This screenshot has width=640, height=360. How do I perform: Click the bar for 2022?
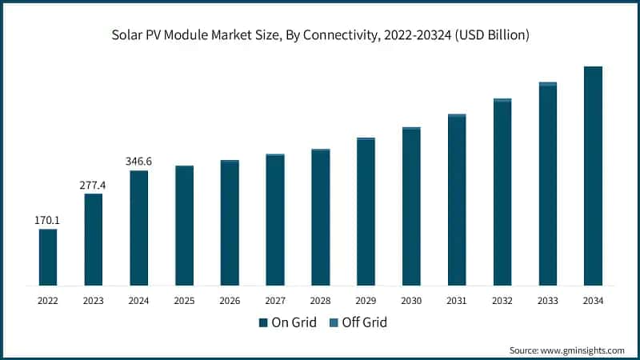coord(48,257)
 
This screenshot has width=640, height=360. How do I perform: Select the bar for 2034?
coord(593,176)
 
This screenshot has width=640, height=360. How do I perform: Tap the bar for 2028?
coord(321,217)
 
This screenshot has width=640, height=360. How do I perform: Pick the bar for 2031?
coord(457,200)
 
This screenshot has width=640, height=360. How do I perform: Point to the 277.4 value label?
coord(93,185)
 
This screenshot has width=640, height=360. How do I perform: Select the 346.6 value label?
coord(138,162)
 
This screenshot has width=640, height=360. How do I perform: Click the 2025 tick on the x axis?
coord(184,301)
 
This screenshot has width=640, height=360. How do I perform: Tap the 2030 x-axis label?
coord(411,301)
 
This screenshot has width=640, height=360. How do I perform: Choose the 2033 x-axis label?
coord(547,301)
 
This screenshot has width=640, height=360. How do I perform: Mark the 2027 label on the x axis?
coord(275,301)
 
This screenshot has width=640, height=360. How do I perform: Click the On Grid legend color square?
coord(262,322)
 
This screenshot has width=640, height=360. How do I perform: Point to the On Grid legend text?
coord(293,322)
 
